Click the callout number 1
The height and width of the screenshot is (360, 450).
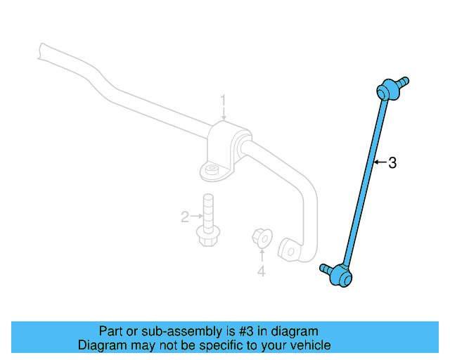point(224,99)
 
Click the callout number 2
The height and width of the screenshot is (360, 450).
point(185,217)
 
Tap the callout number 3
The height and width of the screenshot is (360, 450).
point(392,163)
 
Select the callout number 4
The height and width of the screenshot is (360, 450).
point(261,271)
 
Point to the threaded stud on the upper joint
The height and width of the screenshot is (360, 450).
point(403,83)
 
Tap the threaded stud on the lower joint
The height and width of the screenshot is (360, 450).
point(326,268)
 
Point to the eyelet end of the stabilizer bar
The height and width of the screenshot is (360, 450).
point(290,250)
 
